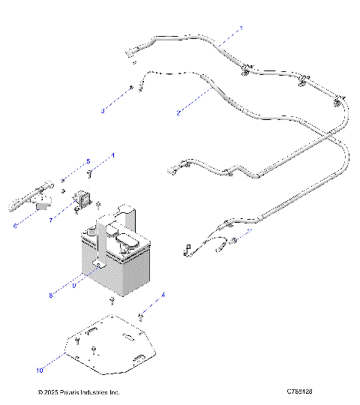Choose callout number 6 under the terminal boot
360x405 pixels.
(15, 223)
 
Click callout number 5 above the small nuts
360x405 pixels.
(87, 161)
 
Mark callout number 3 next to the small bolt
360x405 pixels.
(103, 111)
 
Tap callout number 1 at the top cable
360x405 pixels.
(241, 28)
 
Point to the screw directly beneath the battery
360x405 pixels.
(111, 301)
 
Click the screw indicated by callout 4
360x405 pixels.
(141, 316)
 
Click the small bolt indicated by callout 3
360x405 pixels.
(131, 88)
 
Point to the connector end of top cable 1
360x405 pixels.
(129, 52)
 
